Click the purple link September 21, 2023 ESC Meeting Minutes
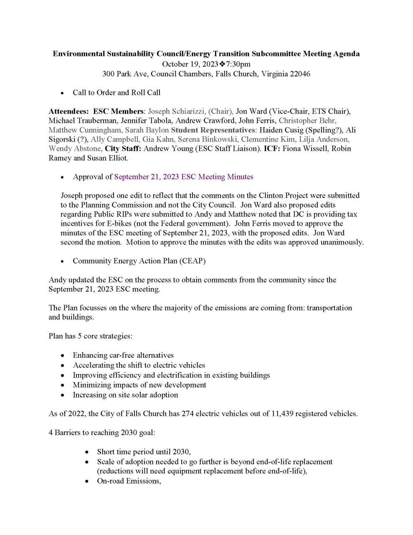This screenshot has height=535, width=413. click(x=184, y=177)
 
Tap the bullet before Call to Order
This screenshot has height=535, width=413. click(x=63, y=93)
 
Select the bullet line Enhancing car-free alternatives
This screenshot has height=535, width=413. click(x=123, y=355)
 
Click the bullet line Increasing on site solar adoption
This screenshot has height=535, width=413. click(x=125, y=395)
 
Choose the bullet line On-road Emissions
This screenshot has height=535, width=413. click(x=129, y=481)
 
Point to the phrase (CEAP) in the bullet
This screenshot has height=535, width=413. click(x=193, y=261)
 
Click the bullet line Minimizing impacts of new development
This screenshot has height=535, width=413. click(x=139, y=385)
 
